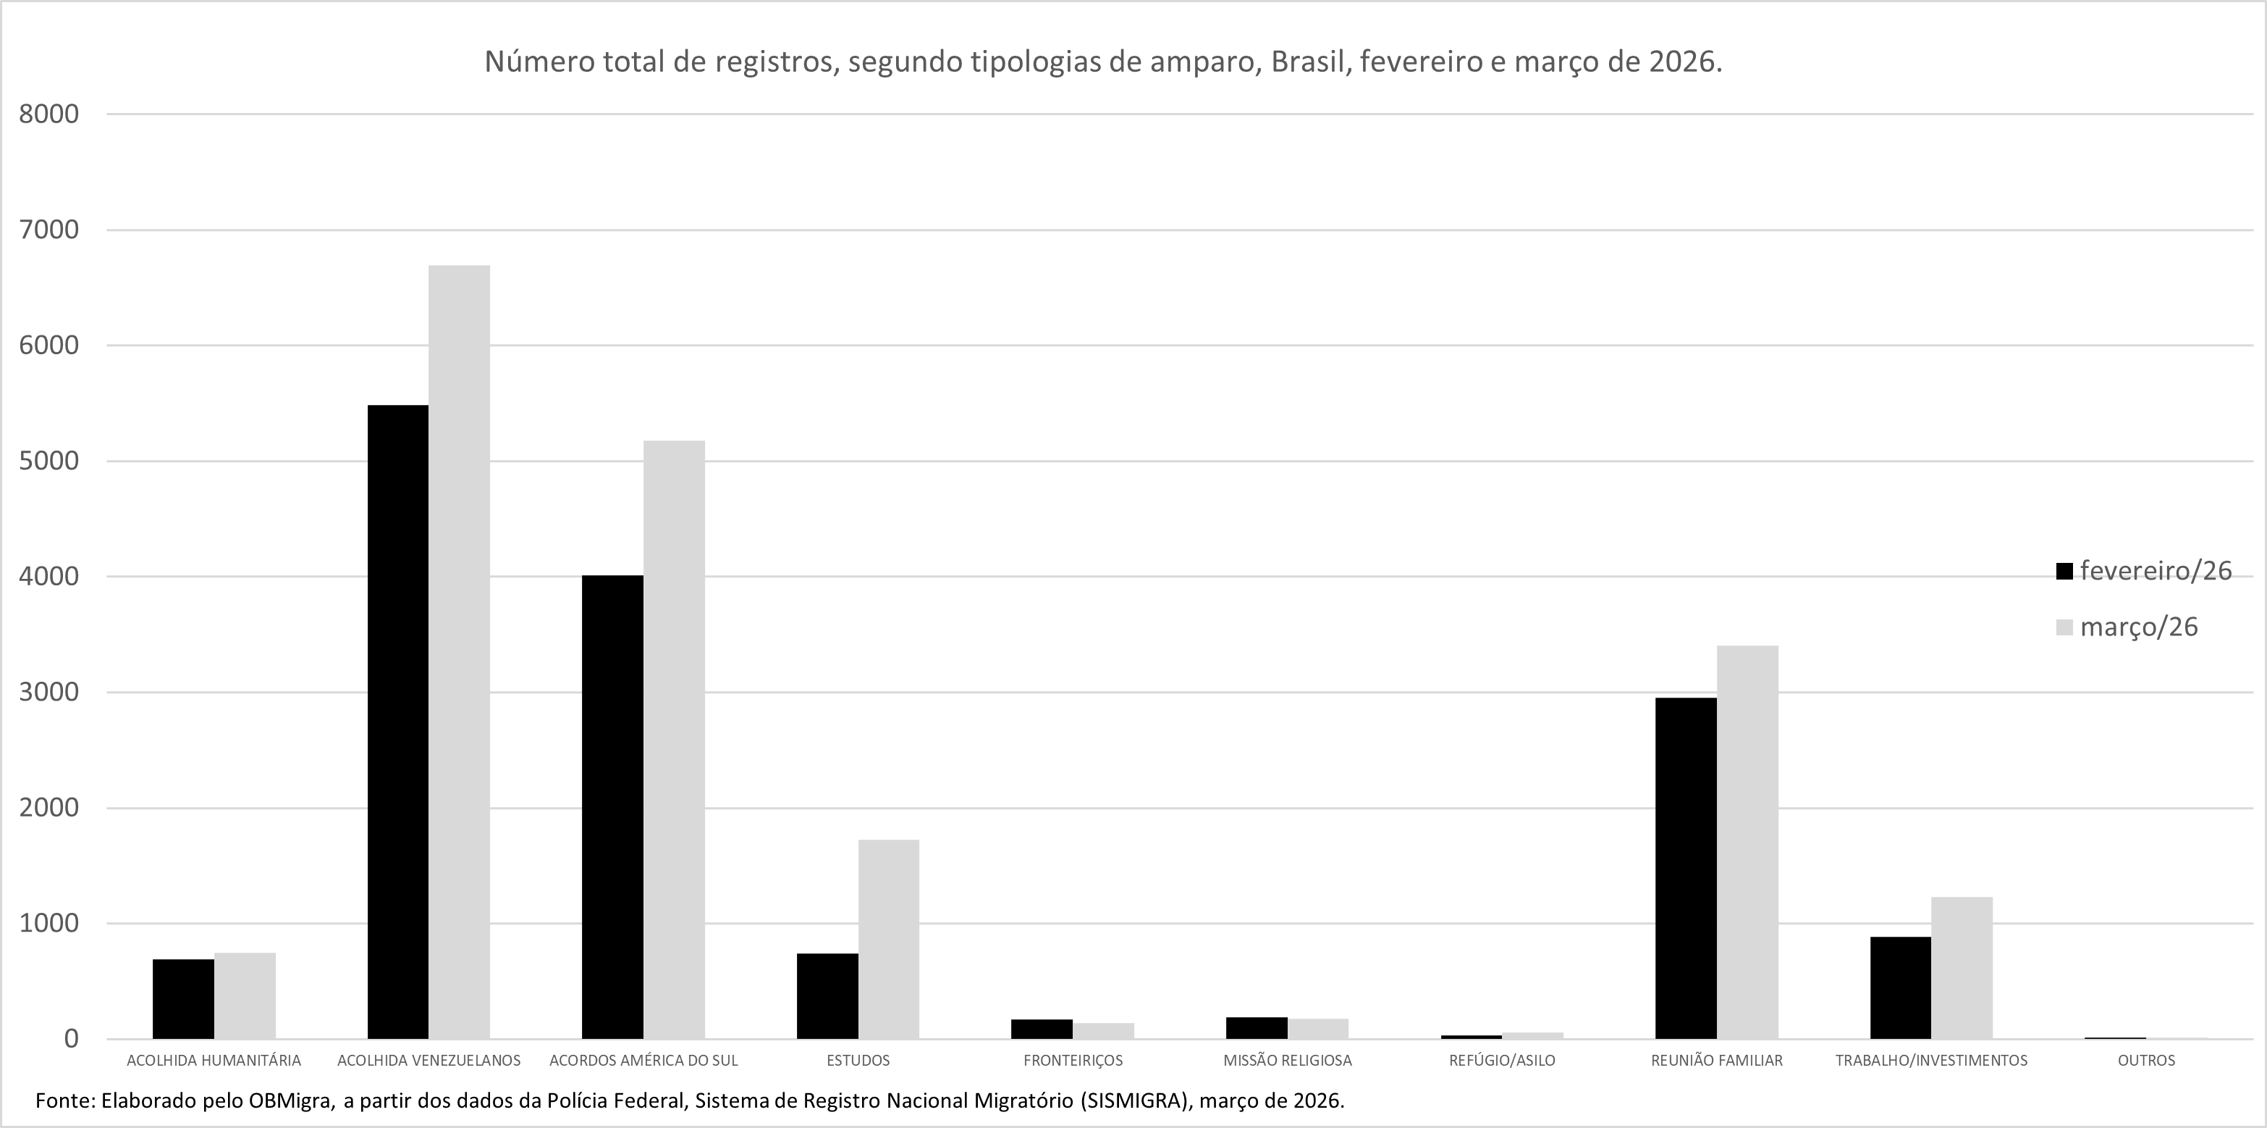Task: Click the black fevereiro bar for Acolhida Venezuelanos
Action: (398, 722)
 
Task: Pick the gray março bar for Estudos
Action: (889, 939)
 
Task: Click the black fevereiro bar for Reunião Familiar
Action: (1685, 868)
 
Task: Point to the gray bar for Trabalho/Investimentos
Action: (1962, 968)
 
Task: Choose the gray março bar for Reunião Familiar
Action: (1747, 842)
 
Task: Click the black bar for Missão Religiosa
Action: (1257, 1027)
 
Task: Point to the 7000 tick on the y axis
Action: (49, 230)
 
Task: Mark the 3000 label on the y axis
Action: (49, 692)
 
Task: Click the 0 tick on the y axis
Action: (70, 1039)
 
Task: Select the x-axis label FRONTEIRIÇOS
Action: (1073, 1060)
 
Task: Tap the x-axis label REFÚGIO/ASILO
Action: (1501, 1060)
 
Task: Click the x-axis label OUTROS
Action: (2145, 1060)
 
